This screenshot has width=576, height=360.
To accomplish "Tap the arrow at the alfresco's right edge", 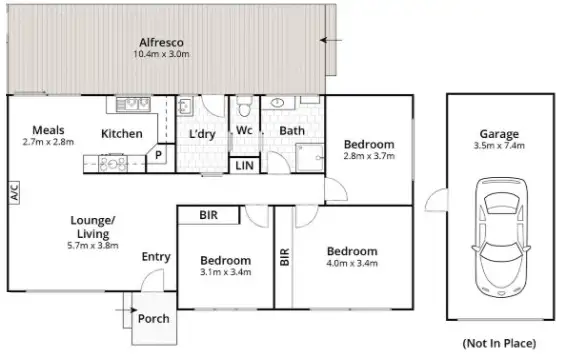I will pyautogui.click(x=330, y=40).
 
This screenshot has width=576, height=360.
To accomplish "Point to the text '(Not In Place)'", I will pyautogui.click(x=499, y=342).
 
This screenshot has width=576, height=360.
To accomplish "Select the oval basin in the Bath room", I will pyautogui.click(x=275, y=104).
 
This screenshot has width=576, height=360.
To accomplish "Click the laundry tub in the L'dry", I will pyautogui.click(x=186, y=105).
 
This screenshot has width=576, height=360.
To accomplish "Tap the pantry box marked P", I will pyautogui.click(x=157, y=155).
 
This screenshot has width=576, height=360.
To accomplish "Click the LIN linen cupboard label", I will pyautogui.click(x=244, y=166).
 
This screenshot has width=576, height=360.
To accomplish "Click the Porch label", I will pyautogui.click(x=153, y=319).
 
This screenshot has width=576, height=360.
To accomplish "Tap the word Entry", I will pyautogui.click(x=155, y=256).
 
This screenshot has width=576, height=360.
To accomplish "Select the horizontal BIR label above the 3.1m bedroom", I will pyautogui.click(x=209, y=215).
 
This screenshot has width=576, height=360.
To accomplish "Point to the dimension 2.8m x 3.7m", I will pyautogui.click(x=369, y=156).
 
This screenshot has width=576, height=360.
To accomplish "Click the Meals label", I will pyautogui.click(x=49, y=130).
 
